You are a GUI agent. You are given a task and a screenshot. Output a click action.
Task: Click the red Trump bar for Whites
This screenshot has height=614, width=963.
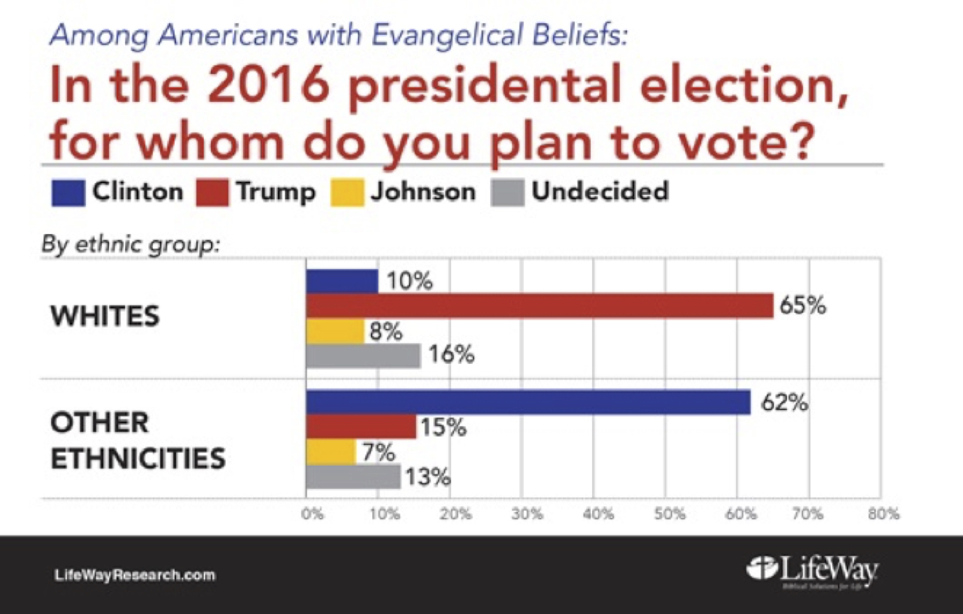539,307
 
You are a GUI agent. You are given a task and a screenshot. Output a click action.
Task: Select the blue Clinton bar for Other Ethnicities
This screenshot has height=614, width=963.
528,402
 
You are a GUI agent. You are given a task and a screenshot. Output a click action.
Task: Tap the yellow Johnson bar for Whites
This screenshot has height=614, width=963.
335,331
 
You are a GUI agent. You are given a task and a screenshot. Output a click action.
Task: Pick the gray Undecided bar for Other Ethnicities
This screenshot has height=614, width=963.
353,477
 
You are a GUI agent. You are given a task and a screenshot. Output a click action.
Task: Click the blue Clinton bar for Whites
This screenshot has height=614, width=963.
342,282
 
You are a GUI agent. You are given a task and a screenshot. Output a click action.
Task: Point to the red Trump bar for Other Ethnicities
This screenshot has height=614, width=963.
361,427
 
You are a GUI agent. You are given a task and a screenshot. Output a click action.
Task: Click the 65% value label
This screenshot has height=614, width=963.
802,306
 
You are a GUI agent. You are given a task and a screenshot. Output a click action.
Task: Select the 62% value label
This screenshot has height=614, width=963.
784,403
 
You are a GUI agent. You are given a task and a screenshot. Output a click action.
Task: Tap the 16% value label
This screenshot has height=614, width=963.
451,355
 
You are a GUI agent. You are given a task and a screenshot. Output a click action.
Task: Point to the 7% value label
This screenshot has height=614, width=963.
378,453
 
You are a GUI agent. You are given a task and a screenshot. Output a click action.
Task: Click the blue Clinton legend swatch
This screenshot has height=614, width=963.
68,193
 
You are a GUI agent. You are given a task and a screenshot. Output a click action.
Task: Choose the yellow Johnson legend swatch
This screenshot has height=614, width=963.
347,193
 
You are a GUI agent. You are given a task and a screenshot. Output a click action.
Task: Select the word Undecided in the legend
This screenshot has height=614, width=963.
600,191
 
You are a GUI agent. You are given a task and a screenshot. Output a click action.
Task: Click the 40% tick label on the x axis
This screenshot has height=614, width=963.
598,515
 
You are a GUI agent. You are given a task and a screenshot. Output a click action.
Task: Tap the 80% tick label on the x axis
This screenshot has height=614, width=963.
883,515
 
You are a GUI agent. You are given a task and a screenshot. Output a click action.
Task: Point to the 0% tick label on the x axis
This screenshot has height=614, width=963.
312,515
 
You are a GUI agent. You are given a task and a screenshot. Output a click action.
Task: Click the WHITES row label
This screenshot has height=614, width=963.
105,317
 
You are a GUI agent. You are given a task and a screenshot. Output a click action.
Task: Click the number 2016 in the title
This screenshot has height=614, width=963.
268,85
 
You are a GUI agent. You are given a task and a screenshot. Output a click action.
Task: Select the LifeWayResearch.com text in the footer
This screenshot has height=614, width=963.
135,576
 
